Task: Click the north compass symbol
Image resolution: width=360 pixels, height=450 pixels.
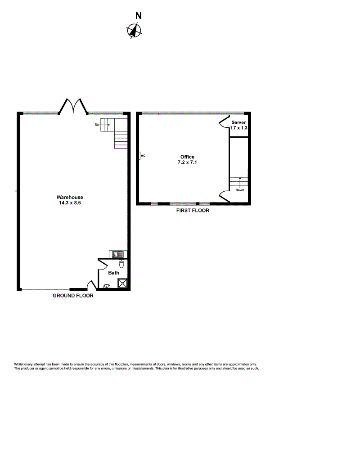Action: coord(134,31)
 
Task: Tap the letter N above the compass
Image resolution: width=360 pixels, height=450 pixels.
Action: coord(138,16)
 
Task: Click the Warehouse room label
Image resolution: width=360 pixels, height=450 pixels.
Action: coord(70,197)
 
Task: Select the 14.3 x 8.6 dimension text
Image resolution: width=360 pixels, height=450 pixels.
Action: coord(70,202)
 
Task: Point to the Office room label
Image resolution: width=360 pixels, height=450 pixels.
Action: coord(187,157)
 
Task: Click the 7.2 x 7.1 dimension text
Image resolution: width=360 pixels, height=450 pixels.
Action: coord(187,162)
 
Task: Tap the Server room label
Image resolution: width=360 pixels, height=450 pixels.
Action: coord(238,122)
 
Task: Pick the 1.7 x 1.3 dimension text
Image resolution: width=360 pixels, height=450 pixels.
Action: coord(238,128)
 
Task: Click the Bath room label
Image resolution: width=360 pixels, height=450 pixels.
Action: coord(114,273)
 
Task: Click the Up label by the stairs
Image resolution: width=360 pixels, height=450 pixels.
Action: coord(97,125)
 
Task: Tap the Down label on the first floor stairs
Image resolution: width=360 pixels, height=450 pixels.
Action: coord(240,190)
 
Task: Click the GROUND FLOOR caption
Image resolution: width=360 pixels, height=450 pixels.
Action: coord(73,296)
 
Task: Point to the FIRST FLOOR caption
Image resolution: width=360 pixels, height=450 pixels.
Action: coord(193,210)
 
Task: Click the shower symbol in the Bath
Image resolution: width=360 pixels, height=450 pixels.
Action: coord(122,283)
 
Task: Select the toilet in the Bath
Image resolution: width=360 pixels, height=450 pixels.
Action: coord(121,263)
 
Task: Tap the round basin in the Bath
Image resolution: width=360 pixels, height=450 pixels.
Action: coord(107,286)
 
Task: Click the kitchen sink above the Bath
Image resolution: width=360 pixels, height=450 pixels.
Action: coord(118,254)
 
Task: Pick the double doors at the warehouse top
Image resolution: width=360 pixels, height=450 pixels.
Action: coord(73,106)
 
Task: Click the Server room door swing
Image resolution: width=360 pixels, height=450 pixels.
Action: coord(224,122)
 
